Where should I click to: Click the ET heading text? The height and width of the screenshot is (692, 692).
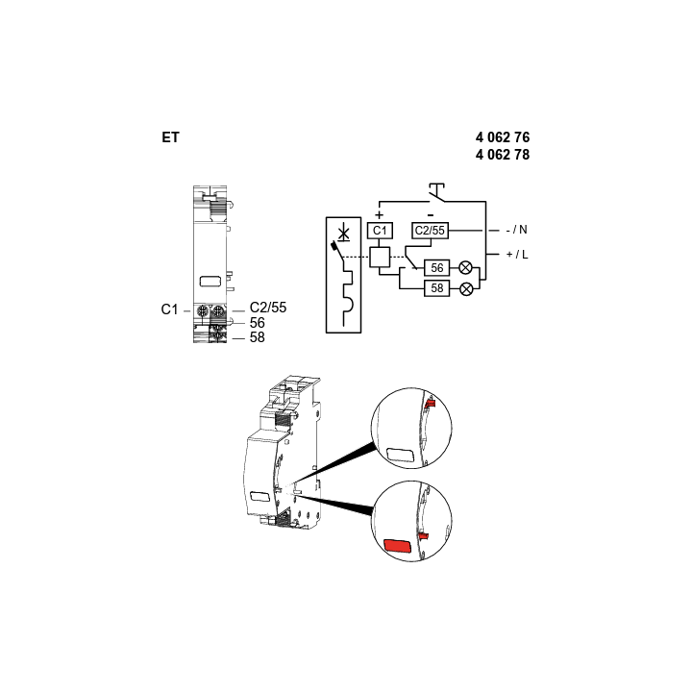click(170, 137)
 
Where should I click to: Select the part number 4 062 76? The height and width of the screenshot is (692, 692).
click(503, 137)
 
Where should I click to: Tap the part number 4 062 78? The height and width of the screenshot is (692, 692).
click(503, 155)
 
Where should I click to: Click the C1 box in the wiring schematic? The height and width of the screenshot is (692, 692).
click(380, 231)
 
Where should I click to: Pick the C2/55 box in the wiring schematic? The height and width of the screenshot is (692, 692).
click(430, 231)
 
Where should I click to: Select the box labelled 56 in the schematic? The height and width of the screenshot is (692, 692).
click(437, 268)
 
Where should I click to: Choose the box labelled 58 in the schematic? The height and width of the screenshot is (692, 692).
click(437, 288)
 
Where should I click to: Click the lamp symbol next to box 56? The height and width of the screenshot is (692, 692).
click(465, 268)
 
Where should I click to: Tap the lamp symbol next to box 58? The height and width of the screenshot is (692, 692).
click(466, 289)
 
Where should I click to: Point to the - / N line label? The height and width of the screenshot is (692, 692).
click(516, 230)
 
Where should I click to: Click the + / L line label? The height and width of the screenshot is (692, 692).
click(517, 254)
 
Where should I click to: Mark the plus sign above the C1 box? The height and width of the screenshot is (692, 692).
click(379, 215)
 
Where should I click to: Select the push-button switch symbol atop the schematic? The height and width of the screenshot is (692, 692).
click(436, 192)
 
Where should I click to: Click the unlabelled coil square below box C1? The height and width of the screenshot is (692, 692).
click(380, 258)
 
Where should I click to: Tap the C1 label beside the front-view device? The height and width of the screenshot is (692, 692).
click(169, 309)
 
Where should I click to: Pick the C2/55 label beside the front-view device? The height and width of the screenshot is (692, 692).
click(268, 308)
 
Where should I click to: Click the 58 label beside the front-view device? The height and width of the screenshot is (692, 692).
click(257, 337)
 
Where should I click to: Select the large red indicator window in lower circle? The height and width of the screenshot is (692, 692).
click(398, 546)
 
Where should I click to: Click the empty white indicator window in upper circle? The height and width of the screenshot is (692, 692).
click(400, 455)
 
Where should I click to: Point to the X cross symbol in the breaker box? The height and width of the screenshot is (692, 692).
click(343, 233)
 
